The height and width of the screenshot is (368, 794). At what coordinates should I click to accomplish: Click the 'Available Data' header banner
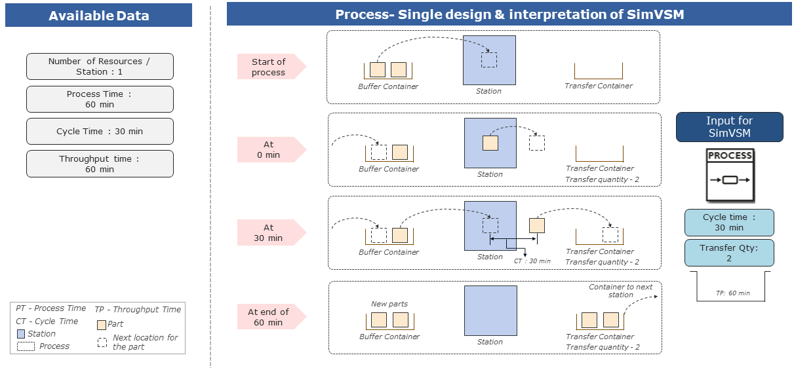98,16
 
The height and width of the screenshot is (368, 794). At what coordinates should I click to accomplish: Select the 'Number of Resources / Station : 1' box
100,66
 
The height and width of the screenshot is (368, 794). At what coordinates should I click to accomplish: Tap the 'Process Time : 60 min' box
100,99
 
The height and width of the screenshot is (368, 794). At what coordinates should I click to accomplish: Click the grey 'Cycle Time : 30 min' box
100,131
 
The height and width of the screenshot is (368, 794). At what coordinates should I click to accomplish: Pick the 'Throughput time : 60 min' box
100,164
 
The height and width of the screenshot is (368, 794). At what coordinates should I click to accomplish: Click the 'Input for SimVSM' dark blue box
729,127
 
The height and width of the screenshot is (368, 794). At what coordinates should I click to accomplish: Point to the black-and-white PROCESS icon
729,175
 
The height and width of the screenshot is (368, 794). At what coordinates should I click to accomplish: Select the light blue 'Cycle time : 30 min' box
729,223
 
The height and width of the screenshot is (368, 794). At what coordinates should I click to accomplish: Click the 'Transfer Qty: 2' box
729,253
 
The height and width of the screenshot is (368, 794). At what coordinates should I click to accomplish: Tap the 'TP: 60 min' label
732,293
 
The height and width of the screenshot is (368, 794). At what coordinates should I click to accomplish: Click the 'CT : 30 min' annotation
532,261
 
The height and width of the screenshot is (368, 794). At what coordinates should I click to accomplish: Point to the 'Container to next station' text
620,291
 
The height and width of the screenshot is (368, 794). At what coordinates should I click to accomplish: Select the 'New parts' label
389,304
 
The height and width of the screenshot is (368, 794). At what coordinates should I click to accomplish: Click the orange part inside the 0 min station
490,143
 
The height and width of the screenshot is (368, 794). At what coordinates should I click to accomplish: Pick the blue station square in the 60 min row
490,310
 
